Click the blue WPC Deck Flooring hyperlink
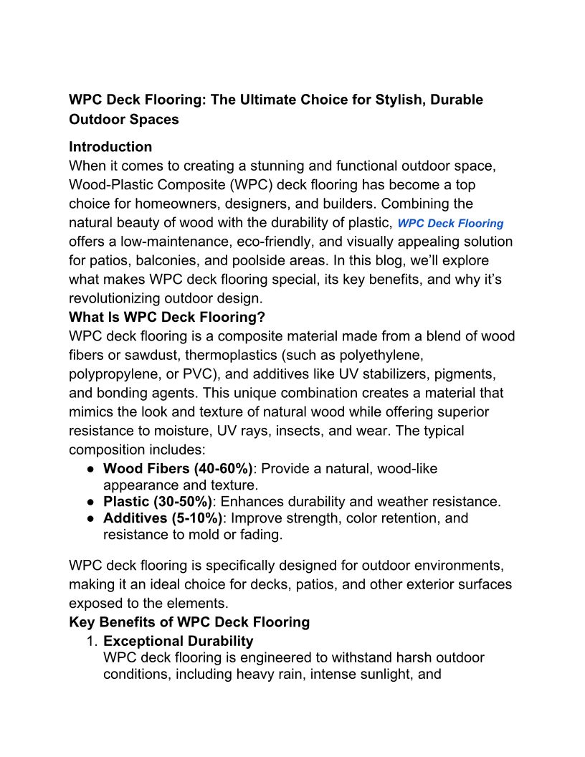[450, 224]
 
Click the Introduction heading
[110, 147]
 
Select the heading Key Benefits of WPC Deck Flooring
[189, 622]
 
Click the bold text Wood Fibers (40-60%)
[178, 470]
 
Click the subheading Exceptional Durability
[178, 641]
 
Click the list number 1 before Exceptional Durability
[92, 641]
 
